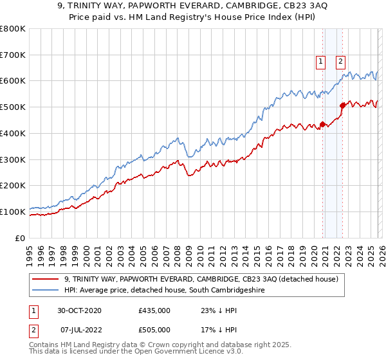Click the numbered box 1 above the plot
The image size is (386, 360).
pyautogui.click(x=320, y=62)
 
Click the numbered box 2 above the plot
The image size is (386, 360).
pyautogui.click(x=340, y=62)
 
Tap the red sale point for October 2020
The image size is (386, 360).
pyautogui.click(x=323, y=124)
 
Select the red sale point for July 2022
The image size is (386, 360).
pyautogui.click(x=342, y=106)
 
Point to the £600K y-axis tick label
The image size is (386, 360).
pyautogui.click(x=13, y=81)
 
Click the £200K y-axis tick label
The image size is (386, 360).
pyautogui.click(x=13, y=185)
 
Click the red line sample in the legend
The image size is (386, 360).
pyautogui.click(x=46, y=280)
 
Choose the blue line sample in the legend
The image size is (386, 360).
pyautogui.click(x=46, y=291)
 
